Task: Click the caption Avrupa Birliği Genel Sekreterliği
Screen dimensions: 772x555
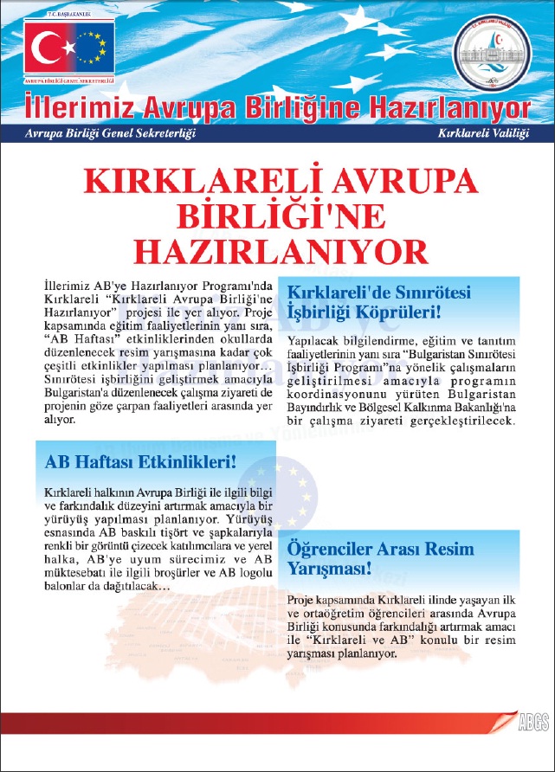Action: (x=110, y=134)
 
